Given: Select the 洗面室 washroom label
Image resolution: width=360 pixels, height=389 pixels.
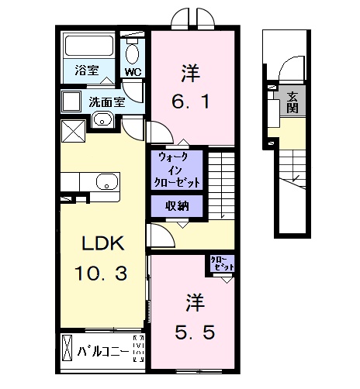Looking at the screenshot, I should pyautogui.click(x=105, y=101).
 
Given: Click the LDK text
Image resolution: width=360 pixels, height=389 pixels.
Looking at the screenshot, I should pyautogui.click(x=102, y=243).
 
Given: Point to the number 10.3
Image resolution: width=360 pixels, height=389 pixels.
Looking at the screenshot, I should pyautogui.click(x=102, y=273).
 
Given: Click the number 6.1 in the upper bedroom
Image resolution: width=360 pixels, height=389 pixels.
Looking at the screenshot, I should pyautogui.click(x=190, y=101).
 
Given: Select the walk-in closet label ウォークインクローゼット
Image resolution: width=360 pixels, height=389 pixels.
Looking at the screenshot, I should pyautogui.click(x=178, y=169).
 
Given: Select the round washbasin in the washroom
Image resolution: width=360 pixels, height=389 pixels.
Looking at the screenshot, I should pyautogui.click(x=101, y=119).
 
